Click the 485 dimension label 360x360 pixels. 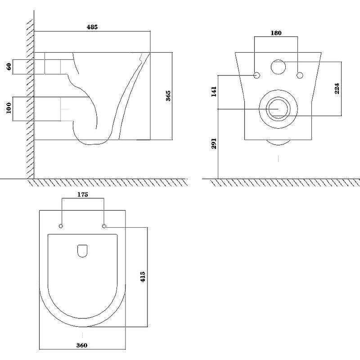92,27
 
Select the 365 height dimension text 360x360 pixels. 168,96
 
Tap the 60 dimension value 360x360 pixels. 9,67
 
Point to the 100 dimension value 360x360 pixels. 9,108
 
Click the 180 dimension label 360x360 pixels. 276,33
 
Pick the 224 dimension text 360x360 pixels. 337,88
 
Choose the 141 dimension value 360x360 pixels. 214,91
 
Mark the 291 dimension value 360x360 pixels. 214,144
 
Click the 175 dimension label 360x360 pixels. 82,194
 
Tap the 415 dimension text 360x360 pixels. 143,277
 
